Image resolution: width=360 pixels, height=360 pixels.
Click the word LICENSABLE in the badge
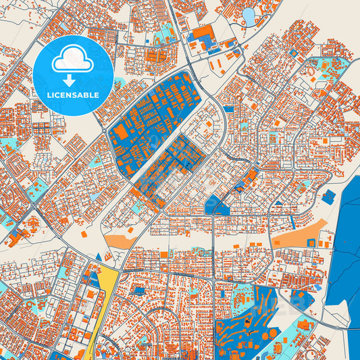(74, 95)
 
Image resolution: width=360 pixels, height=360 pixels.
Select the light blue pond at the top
(249, 16)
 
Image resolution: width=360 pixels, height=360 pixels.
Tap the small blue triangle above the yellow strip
(99, 257)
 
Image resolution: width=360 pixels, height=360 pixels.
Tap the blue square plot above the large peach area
(329, 197)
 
